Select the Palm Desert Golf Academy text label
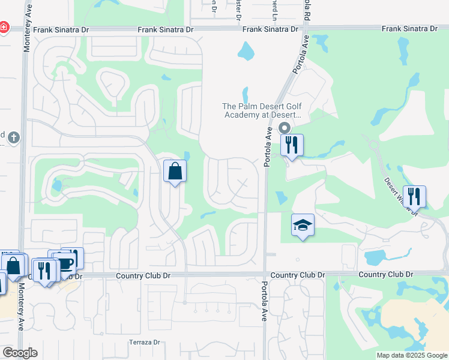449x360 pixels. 262,110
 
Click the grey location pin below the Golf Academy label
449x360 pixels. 285,128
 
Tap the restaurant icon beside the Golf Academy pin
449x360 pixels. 292,145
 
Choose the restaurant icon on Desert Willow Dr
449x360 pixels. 414,196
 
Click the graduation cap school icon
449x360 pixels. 303,225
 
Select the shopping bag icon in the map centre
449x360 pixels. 175,172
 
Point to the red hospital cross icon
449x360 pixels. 3,28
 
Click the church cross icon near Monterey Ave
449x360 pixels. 14,137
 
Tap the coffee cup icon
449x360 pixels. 65,262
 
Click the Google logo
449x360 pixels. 20,353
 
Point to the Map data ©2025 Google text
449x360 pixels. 411,355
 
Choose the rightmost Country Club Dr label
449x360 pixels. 386,274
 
